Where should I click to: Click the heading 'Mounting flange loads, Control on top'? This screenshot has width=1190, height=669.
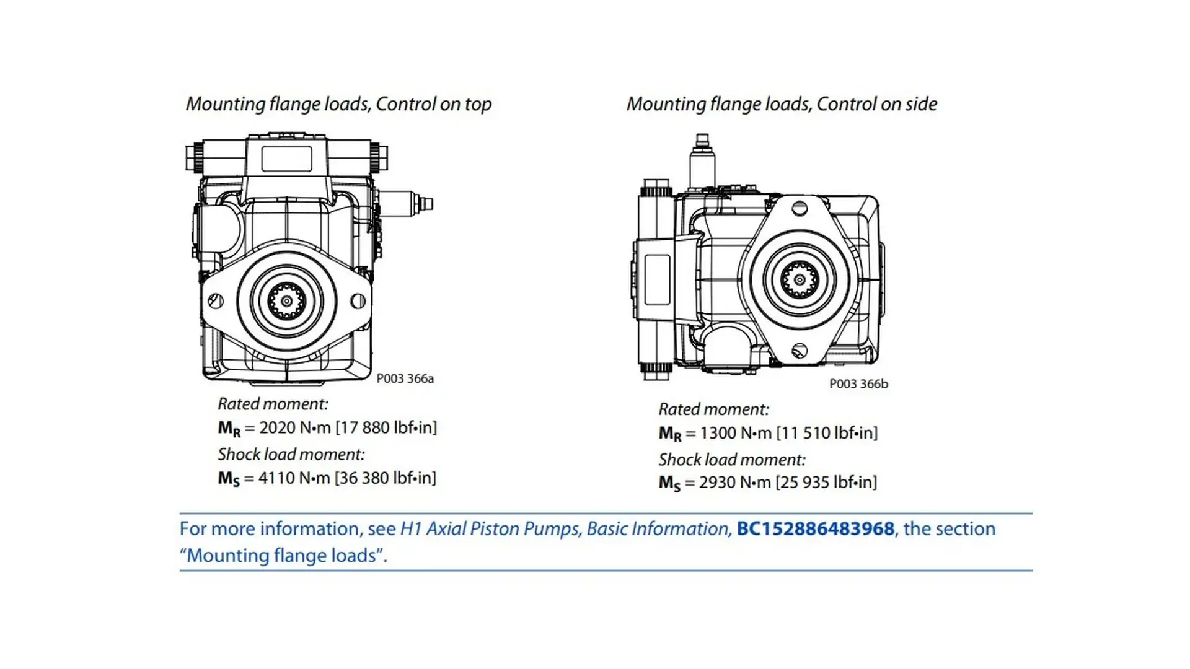click(x=338, y=104)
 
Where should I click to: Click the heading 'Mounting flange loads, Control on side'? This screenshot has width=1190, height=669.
click(x=782, y=104)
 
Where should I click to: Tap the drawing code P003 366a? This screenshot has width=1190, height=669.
click(x=405, y=378)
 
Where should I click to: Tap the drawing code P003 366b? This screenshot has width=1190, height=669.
click(x=858, y=384)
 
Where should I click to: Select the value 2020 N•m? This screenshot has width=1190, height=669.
click(x=295, y=427)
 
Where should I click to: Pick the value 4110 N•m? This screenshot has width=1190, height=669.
click(x=294, y=478)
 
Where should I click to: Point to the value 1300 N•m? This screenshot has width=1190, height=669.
click(x=736, y=432)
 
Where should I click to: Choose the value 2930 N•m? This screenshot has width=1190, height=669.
click(x=735, y=482)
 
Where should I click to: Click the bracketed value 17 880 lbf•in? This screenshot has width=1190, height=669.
click(x=386, y=427)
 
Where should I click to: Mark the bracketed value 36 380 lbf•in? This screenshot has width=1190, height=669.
click(x=386, y=478)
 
